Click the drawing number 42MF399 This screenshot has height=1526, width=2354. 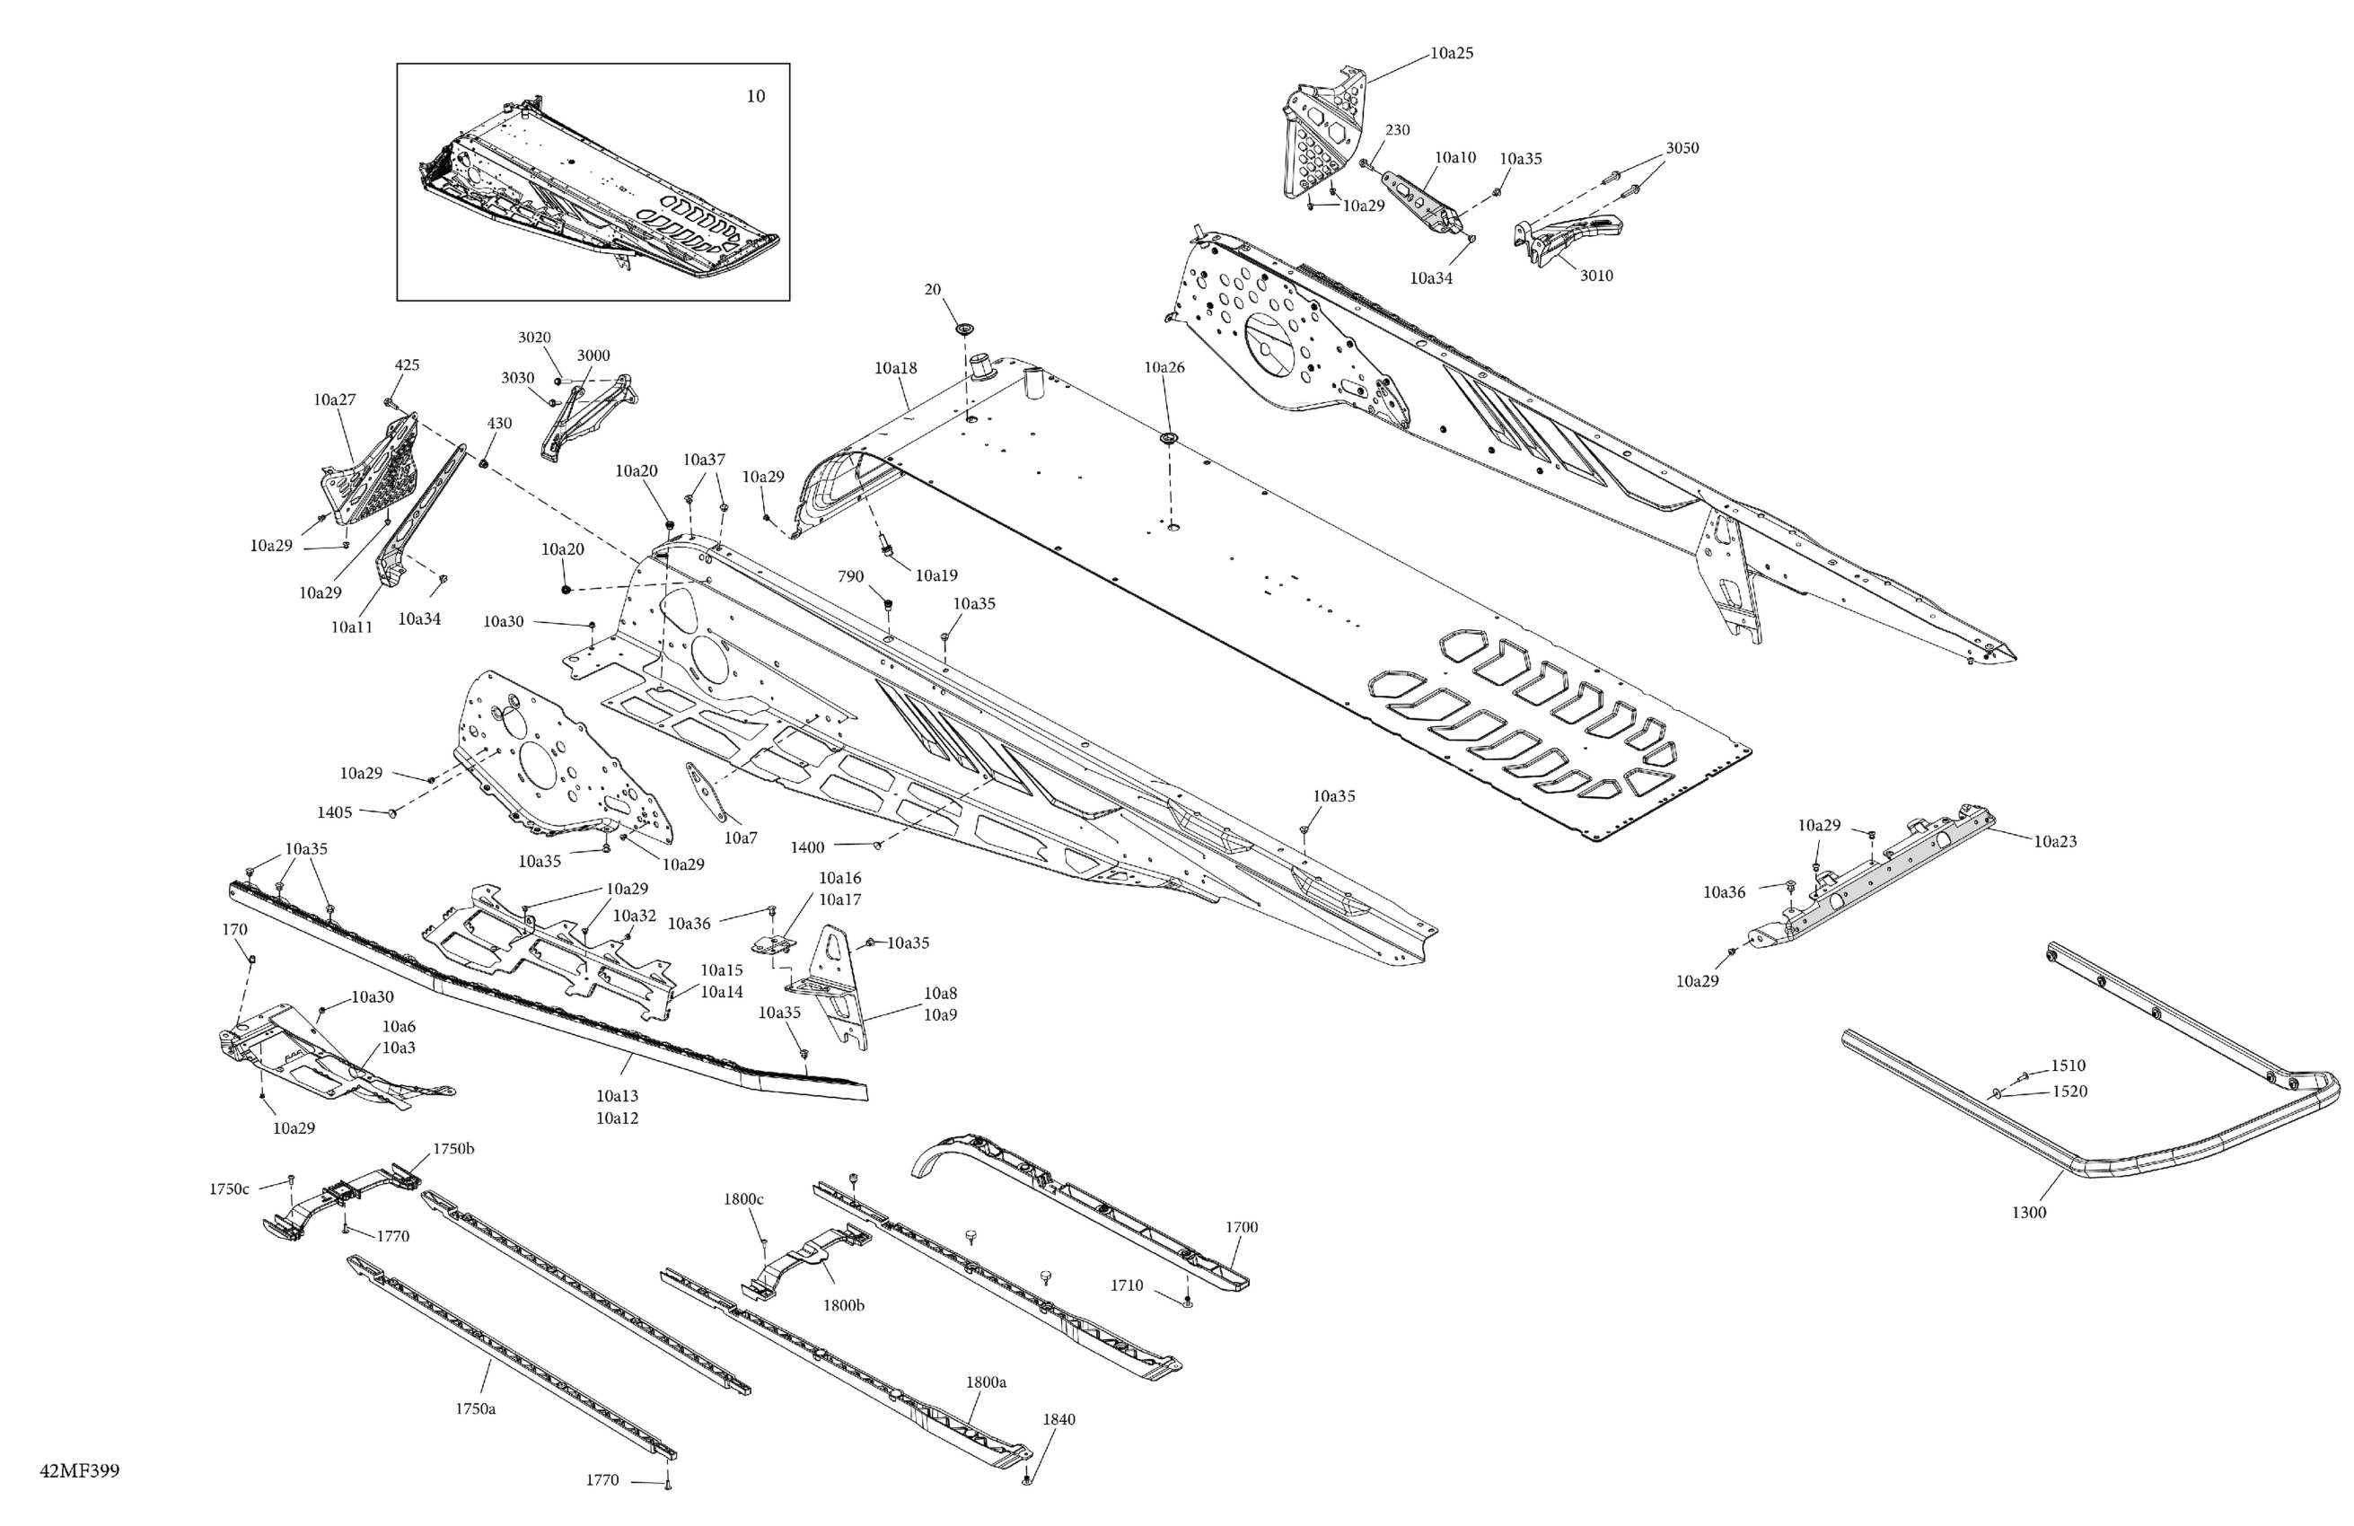pyautogui.click(x=79, y=1470)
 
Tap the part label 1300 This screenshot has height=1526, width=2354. pyautogui.click(x=2029, y=1213)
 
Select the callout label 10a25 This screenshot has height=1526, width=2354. pyautogui.click(x=1451, y=53)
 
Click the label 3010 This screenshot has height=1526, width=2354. pyautogui.click(x=1595, y=276)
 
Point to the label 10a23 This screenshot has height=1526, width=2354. pyautogui.click(x=2055, y=842)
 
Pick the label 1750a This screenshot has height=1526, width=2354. pyautogui.click(x=476, y=1408)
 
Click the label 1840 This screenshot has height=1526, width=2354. pyautogui.click(x=1058, y=1419)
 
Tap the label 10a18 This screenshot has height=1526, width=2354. pyautogui.click(x=895, y=368)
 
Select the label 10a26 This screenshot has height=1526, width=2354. pyautogui.click(x=1164, y=367)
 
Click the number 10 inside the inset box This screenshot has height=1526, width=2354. pyautogui.click(x=756, y=96)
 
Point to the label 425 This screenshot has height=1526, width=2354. pyautogui.click(x=407, y=365)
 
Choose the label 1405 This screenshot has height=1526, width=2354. pyautogui.click(x=334, y=812)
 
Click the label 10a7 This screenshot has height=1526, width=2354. pyautogui.click(x=741, y=838)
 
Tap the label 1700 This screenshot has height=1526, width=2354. pyautogui.click(x=1242, y=1227)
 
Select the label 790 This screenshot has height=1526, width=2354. pyautogui.click(x=850, y=576)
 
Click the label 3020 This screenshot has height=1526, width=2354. pyautogui.click(x=534, y=338)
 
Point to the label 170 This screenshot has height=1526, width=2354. pyautogui.click(x=234, y=930)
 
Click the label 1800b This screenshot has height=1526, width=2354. pyautogui.click(x=844, y=1305)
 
